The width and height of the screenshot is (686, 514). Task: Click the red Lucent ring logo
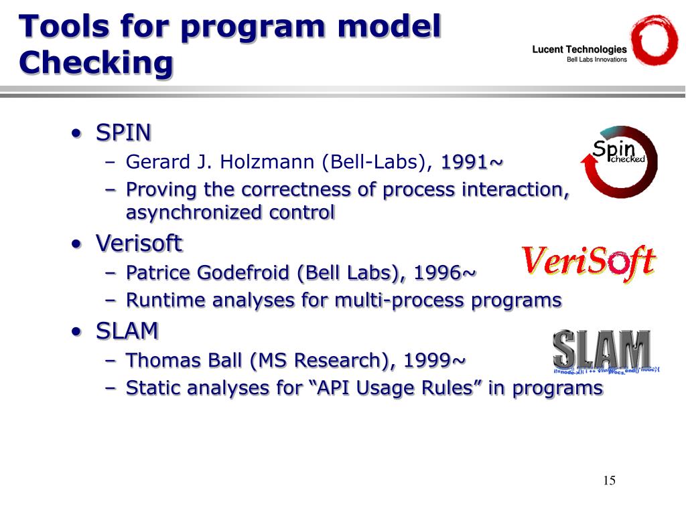pyautogui.click(x=655, y=41)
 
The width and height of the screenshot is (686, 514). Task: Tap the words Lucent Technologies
pyautogui.click(x=579, y=50)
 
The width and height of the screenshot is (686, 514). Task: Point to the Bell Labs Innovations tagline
pyautogui.click(x=597, y=60)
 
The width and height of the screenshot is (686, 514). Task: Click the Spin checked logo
pyautogui.click(x=618, y=161)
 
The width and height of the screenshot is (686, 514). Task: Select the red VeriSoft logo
pyautogui.click(x=588, y=262)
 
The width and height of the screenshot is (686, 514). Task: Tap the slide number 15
pyautogui.click(x=609, y=480)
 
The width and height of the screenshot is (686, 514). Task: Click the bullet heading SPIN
pyautogui.click(x=123, y=133)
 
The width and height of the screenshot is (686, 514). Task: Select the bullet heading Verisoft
pyautogui.click(x=139, y=244)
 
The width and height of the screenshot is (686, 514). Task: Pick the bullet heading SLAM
pyautogui.click(x=127, y=331)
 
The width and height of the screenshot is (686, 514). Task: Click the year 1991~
pyautogui.click(x=472, y=163)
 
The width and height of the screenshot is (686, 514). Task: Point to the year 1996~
pyautogui.click(x=445, y=273)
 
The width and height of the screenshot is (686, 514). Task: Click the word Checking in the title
pyautogui.click(x=96, y=63)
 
